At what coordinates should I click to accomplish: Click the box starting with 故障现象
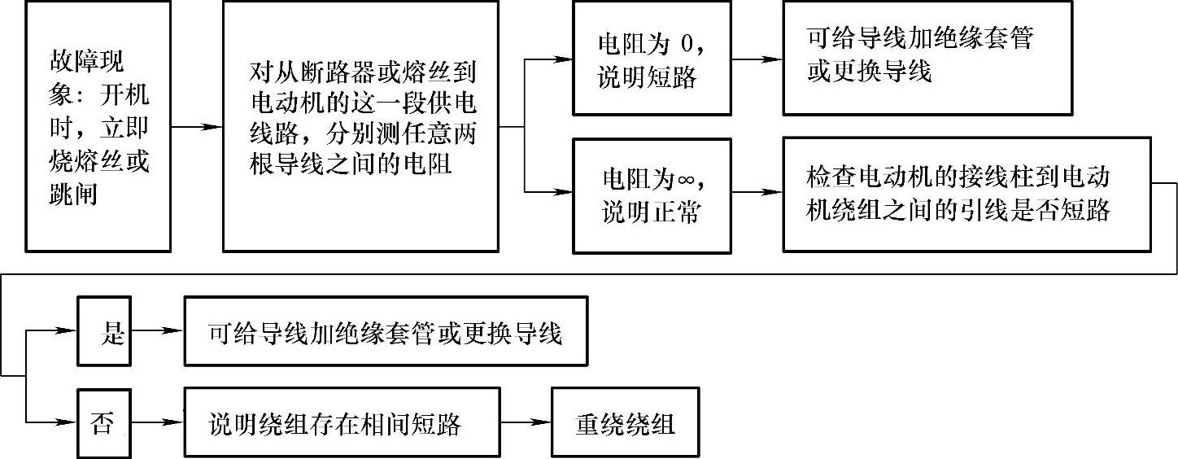pyautogui.click(x=98, y=126)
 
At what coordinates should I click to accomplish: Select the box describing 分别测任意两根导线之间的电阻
pyautogui.click(x=360, y=126)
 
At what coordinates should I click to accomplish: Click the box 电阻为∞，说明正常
pyautogui.click(x=652, y=195)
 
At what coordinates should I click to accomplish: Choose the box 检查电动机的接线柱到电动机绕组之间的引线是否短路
pyautogui.click(x=966, y=195)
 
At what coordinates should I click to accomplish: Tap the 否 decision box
pyautogui.click(x=103, y=423)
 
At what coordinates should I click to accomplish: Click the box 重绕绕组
pyautogui.click(x=625, y=423)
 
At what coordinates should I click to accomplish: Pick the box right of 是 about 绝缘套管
pyautogui.click(x=386, y=332)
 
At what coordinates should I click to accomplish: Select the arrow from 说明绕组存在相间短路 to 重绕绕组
pyautogui.click(x=526, y=423)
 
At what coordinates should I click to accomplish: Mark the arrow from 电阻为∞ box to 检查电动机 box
pyautogui.click(x=757, y=193)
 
